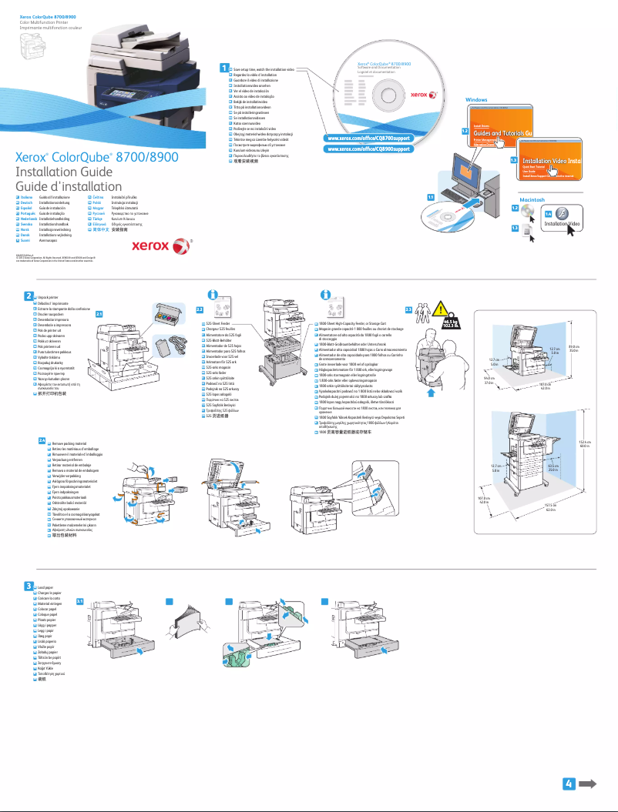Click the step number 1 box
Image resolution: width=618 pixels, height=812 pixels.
click(224, 69)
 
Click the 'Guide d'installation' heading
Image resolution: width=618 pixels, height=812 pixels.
click(69, 186)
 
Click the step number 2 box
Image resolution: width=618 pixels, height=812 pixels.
click(28, 296)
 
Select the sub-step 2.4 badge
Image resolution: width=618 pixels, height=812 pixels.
click(42, 440)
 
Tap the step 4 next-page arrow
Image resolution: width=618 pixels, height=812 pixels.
click(582, 784)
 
